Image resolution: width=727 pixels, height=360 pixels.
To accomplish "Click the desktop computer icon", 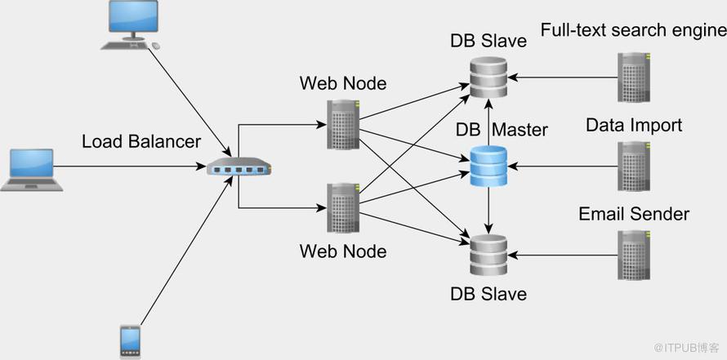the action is (x=131, y=24).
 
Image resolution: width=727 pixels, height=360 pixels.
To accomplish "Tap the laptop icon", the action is (x=32, y=170).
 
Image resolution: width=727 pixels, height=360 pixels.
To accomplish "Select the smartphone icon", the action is (x=130, y=342).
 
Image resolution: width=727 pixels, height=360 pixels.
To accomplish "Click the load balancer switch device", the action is (x=239, y=167).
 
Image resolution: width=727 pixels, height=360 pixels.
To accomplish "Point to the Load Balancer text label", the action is (x=141, y=142).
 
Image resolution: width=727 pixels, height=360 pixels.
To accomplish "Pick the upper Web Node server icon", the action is (x=343, y=124).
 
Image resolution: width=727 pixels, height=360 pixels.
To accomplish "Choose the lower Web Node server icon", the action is (x=343, y=208).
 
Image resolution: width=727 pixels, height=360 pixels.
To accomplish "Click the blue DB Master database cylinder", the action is (x=488, y=166).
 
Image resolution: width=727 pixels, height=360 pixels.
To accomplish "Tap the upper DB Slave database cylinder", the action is (x=488, y=77).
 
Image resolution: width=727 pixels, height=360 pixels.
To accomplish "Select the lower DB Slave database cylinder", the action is (x=488, y=256).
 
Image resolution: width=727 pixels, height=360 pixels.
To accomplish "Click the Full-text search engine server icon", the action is (x=634, y=77).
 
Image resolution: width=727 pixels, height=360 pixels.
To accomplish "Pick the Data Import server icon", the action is (x=634, y=166).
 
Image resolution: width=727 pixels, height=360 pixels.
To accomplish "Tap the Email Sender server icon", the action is (x=634, y=256).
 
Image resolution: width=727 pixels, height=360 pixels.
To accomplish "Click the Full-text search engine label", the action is (x=633, y=30).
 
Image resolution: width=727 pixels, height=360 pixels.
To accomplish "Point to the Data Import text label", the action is (x=634, y=125).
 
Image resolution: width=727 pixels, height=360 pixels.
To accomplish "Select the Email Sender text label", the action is (x=634, y=214).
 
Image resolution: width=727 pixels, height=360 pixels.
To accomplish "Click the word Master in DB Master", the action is (x=520, y=130).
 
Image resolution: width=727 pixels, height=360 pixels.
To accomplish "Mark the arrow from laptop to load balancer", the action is (x=130, y=166).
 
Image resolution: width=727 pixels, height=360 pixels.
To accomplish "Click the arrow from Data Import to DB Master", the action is (x=563, y=166).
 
